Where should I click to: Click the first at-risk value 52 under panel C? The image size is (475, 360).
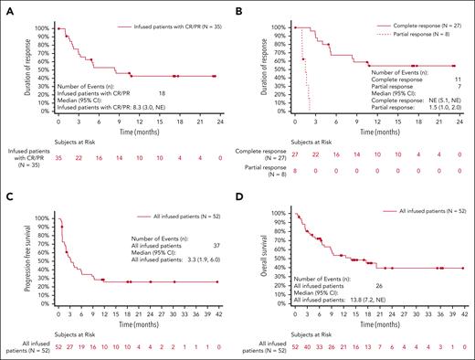click(x=58, y=348)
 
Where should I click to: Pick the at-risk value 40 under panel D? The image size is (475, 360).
click(x=307, y=348)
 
